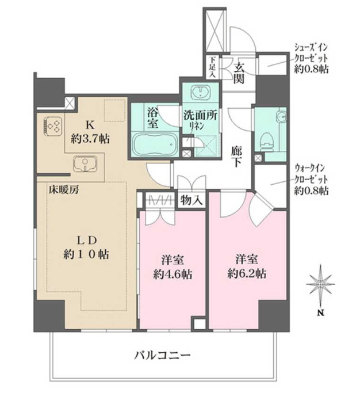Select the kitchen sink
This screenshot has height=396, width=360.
[85, 163]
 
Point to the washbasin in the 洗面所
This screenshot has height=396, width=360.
[201, 92]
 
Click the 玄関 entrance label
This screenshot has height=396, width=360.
[239, 73]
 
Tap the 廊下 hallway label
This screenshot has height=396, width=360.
[236, 157]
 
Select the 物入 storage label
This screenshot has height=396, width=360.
[192, 200]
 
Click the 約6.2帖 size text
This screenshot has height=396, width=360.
[247, 274]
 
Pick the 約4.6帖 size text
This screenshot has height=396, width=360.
[173, 275]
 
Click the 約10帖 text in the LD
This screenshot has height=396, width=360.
[86, 254]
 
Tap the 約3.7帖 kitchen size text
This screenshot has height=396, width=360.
[90, 139]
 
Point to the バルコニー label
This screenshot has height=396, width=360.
[162, 356]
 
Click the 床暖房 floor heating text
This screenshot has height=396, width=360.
[64, 189]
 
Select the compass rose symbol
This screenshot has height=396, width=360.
[320, 284]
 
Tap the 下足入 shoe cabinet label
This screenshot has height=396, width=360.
[212, 67]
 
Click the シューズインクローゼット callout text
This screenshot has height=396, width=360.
[311, 58]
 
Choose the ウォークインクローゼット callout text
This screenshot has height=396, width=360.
[311, 180]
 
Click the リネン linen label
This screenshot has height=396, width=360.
[197, 126]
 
